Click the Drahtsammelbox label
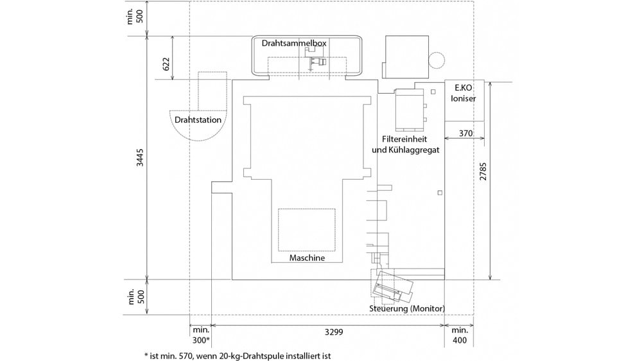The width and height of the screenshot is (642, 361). (x=294, y=43)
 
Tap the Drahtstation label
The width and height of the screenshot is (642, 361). (x=198, y=119)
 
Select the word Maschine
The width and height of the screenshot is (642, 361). (x=307, y=258)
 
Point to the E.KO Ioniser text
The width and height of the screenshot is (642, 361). (x=464, y=93)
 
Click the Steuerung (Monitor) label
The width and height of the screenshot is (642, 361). (x=407, y=308)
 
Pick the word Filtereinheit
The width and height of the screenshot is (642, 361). (x=404, y=139)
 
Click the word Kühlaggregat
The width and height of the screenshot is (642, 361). (x=415, y=150)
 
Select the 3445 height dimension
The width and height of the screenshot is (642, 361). (x=140, y=157)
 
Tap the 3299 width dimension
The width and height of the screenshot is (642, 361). (x=334, y=332)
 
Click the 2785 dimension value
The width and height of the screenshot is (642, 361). (x=483, y=172)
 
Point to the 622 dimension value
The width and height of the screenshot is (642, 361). (x=166, y=64)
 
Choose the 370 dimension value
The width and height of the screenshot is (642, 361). (x=465, y=133)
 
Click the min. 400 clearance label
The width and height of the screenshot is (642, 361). (x=460, y=335)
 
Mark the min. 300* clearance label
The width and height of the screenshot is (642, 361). (x=201, y=335)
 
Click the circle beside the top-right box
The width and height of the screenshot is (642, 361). (x=437, y=60)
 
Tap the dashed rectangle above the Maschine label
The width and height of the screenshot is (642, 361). (x=307, y=230)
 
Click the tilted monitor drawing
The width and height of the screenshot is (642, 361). (x=393, y=285)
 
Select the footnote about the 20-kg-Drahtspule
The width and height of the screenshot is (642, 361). (x=238, y=356)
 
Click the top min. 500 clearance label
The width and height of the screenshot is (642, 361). (x=135, y=15)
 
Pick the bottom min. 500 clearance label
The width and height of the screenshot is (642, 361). (x=136, y=297)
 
